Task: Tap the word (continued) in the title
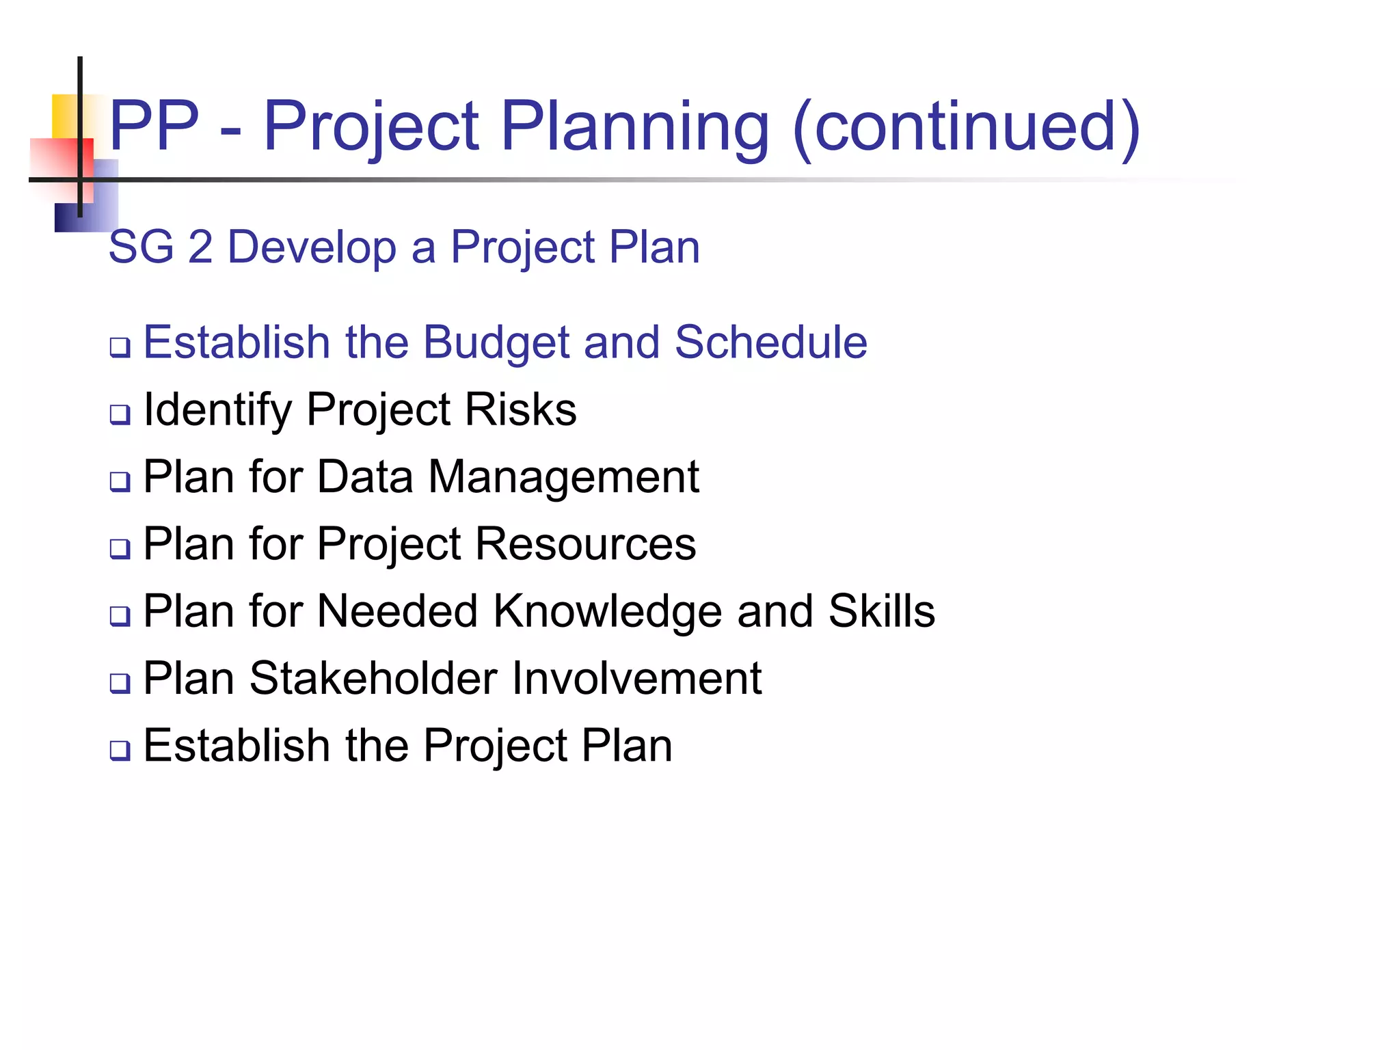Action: [967, 127]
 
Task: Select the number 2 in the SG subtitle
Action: [200, 247]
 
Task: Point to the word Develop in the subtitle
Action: [312, 248]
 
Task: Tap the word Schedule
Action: [770, 342]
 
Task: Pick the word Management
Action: [563, 477]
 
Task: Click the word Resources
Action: [585, 544]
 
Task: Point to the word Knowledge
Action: [607, 612]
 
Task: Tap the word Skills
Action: [881, 610]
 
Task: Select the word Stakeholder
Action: [373, 678]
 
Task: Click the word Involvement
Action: [637, 678]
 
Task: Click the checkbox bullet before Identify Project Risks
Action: [120, 414]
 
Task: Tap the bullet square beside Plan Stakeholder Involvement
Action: [120, 683]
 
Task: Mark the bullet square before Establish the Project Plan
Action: [120, 750]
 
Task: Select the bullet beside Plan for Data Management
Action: [120, 481]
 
